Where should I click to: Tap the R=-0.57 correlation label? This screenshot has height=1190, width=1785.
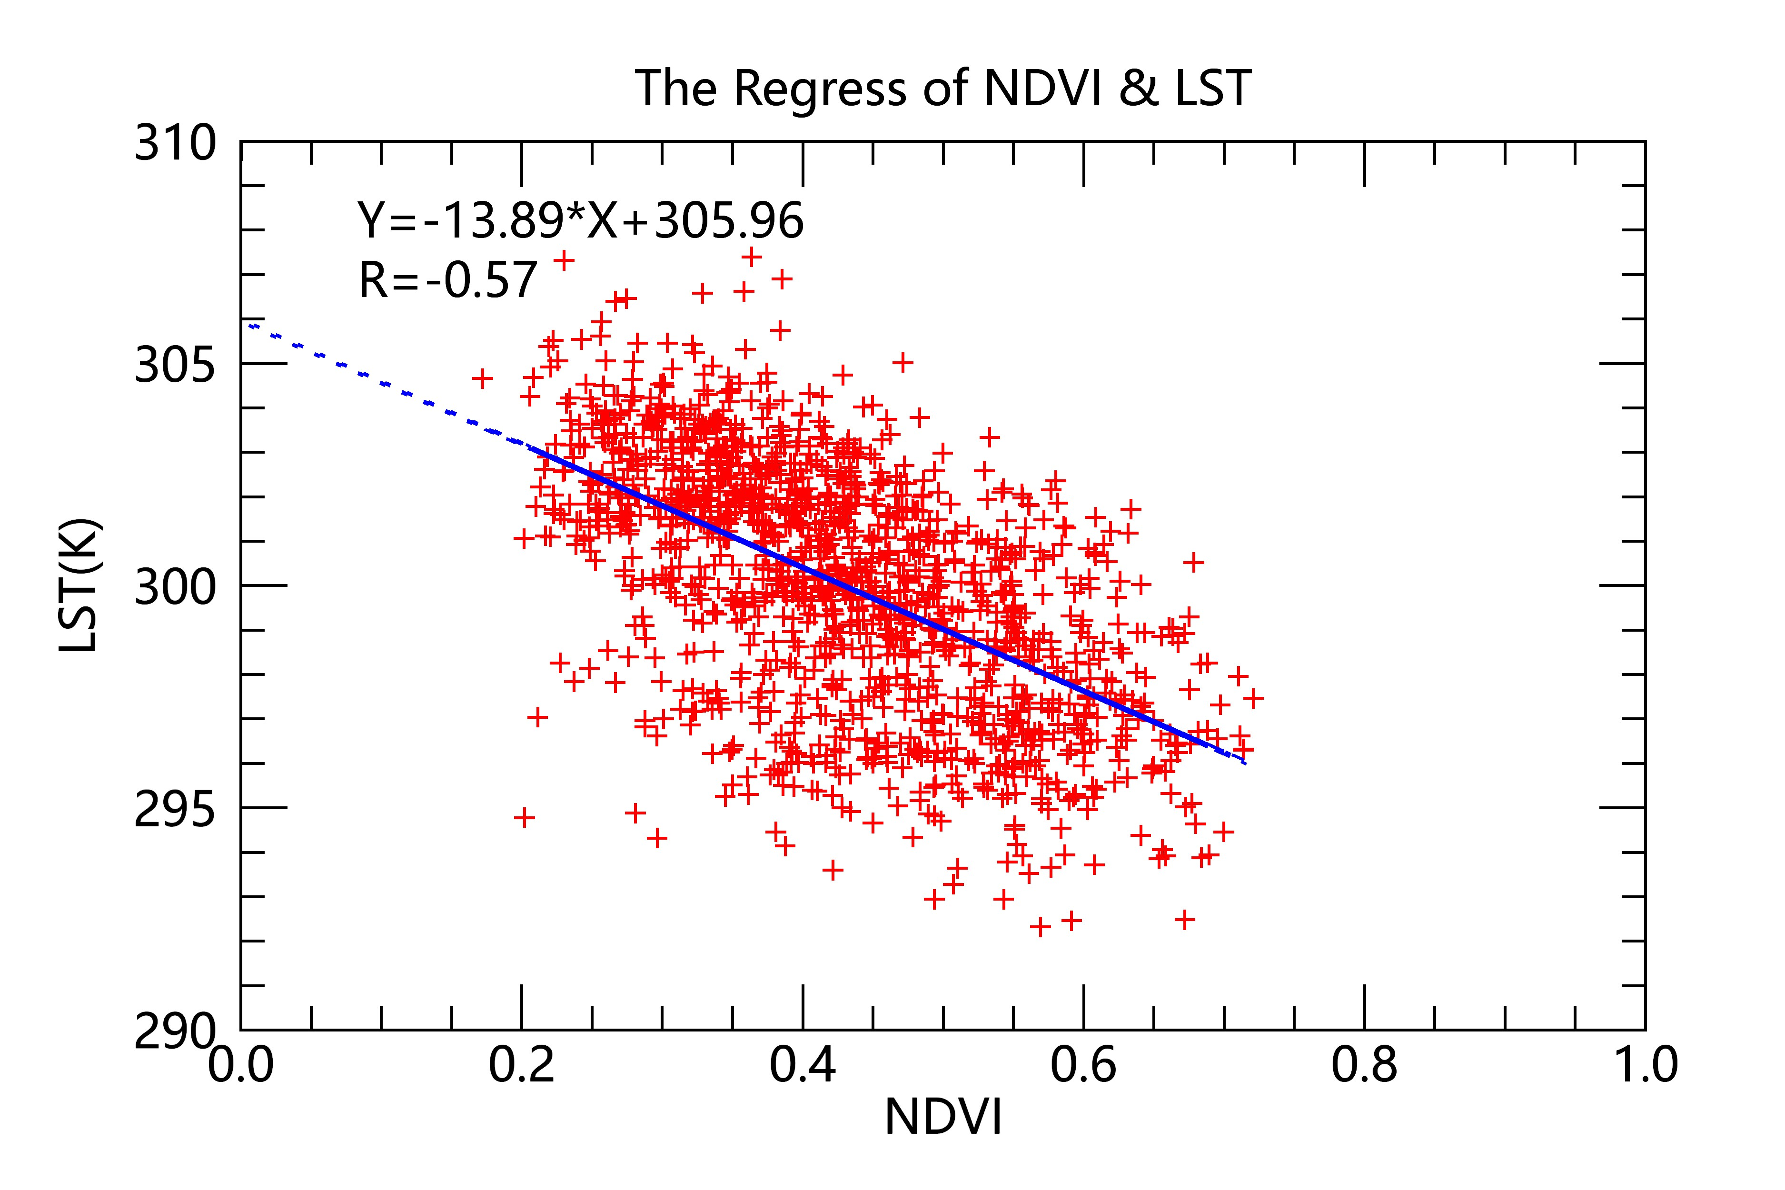point(448,280)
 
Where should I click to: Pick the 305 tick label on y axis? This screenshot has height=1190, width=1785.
point(175,365)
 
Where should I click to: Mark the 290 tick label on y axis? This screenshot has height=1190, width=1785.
point(175,1032)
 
